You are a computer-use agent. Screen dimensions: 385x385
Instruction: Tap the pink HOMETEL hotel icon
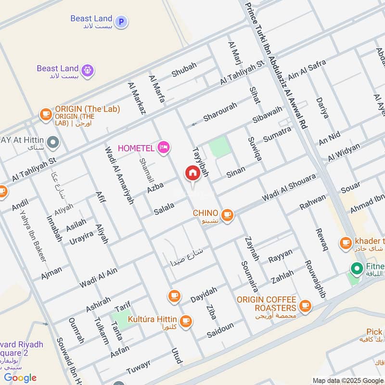[164, 147]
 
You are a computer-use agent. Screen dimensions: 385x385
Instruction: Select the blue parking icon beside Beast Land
[121, 21]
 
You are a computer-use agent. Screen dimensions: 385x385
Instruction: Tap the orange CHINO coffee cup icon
[227, 216]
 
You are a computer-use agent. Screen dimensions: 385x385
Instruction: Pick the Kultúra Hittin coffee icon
[185, 321]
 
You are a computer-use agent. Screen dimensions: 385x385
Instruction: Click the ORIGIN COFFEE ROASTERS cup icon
[304, 306]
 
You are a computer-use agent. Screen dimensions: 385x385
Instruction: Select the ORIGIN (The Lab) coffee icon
[46, 114]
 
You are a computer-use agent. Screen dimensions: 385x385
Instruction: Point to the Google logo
[20, 377]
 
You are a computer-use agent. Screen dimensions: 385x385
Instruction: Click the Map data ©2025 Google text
[348, 380]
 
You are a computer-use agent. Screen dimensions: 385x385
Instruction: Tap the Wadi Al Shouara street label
[289, 188]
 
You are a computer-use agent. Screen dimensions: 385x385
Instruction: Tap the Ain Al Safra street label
[307, 70]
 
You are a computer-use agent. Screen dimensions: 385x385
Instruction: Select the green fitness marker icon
[357, 268]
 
